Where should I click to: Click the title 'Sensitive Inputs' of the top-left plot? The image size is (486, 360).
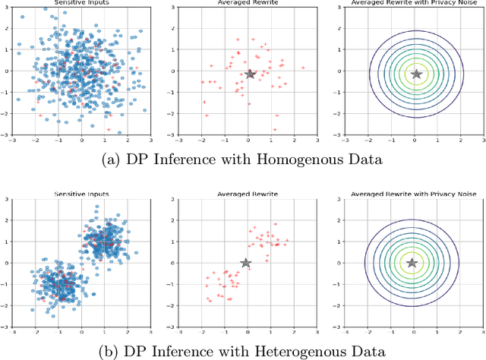pos(83,4)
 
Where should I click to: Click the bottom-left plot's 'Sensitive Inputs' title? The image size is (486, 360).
pos(83,195)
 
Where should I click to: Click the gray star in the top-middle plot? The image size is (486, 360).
pos(251,74)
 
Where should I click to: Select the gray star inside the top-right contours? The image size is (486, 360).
pos(416,74)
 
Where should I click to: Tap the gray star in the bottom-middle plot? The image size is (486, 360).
pos(246,263)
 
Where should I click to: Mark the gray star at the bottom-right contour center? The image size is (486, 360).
pos(412,263)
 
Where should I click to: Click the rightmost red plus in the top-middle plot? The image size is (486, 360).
pos(303,68)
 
